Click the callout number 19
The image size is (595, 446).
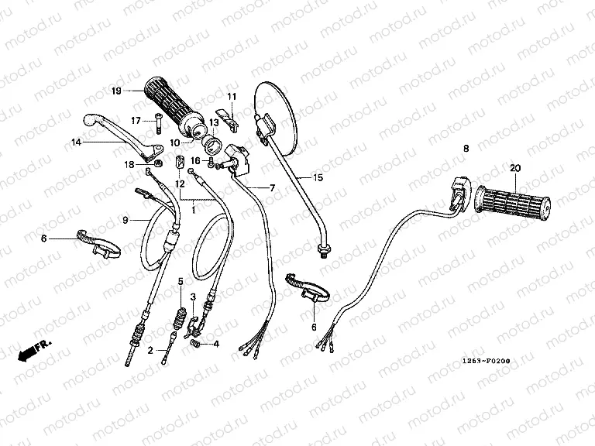pos(116,92)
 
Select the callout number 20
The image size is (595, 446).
pos(515,168)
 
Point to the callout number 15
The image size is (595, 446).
pos(318,177)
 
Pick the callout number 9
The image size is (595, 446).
pos(126,221)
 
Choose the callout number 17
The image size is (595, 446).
pos(136,120)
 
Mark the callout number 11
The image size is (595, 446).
pos(230,95)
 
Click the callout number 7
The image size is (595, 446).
pos(271,187)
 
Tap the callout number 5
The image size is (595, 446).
pos(181,280)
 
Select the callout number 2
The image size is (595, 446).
pos(150,350)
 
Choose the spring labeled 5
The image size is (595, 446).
pos(181,317)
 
